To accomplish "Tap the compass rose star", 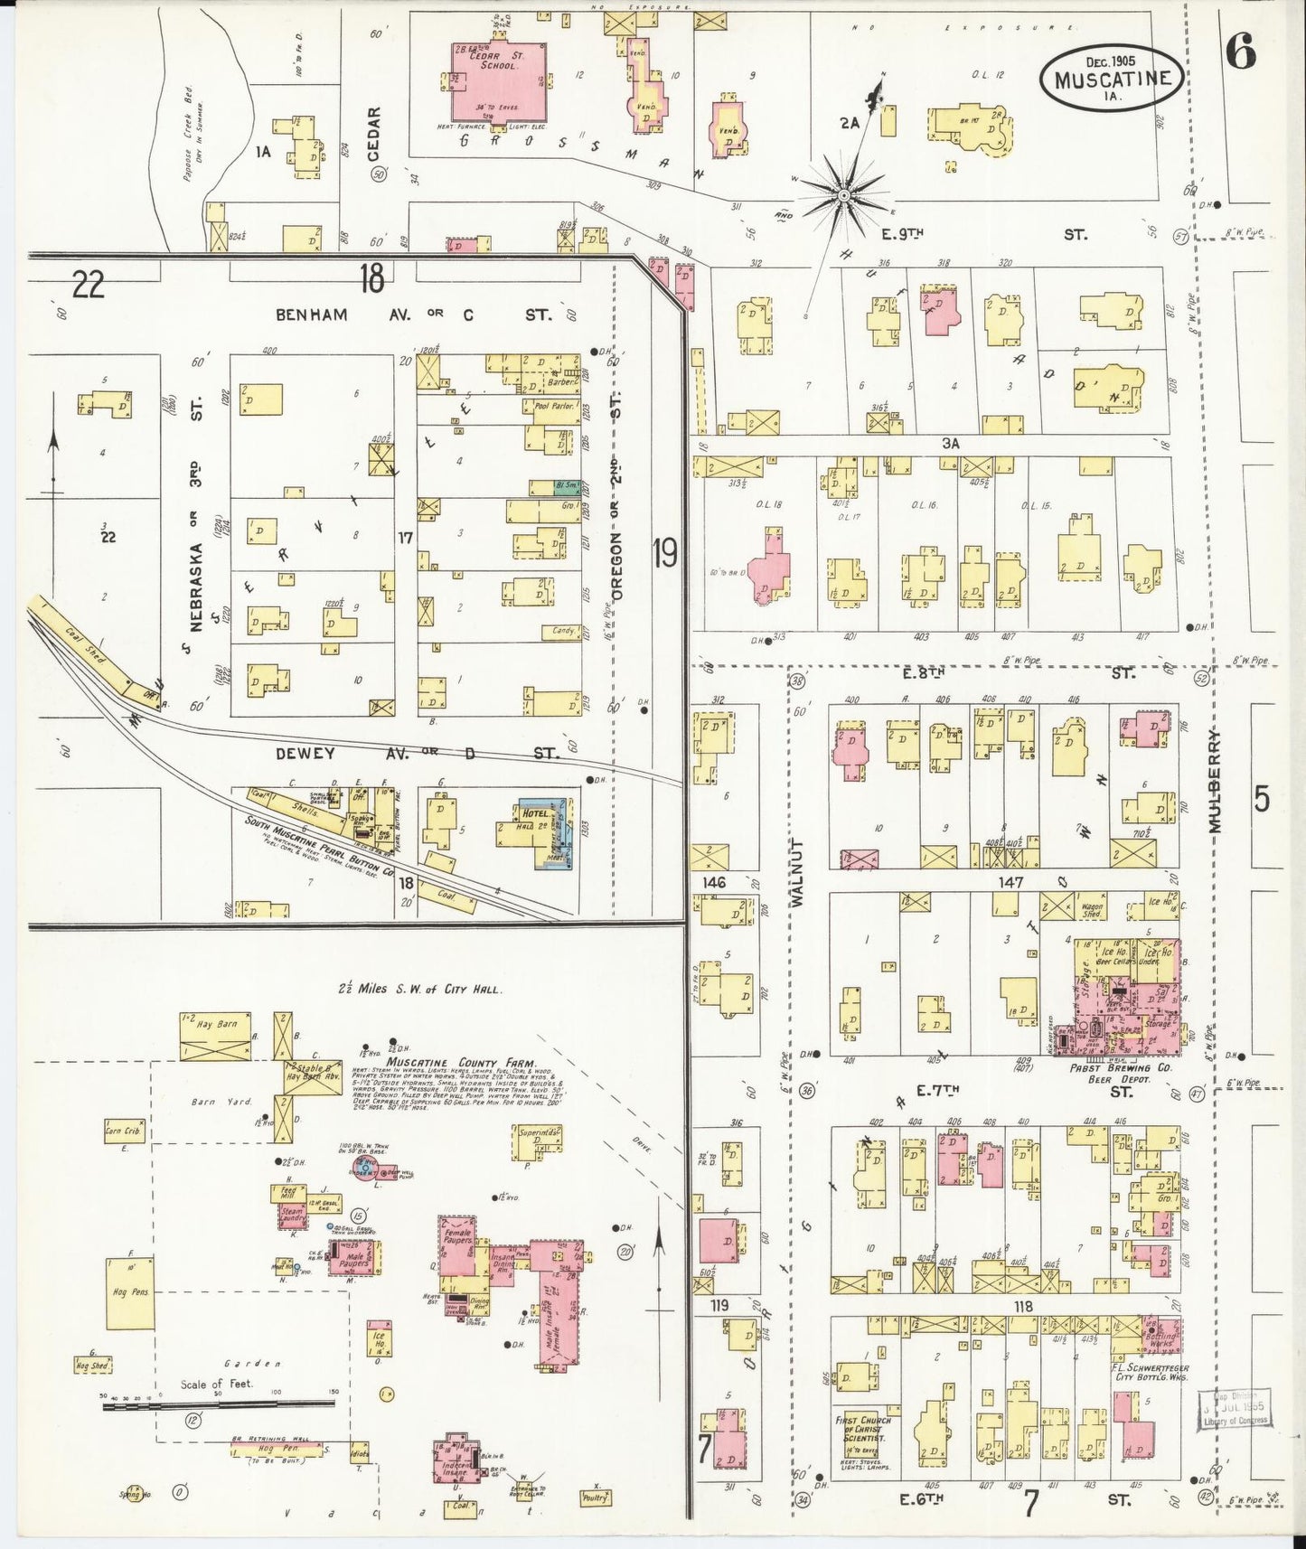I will [843, 194].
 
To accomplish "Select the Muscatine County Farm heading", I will [461, 1063].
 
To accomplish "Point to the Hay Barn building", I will [215, 1036].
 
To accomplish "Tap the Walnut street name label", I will [797, 871].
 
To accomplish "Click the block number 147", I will [1010, 881].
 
